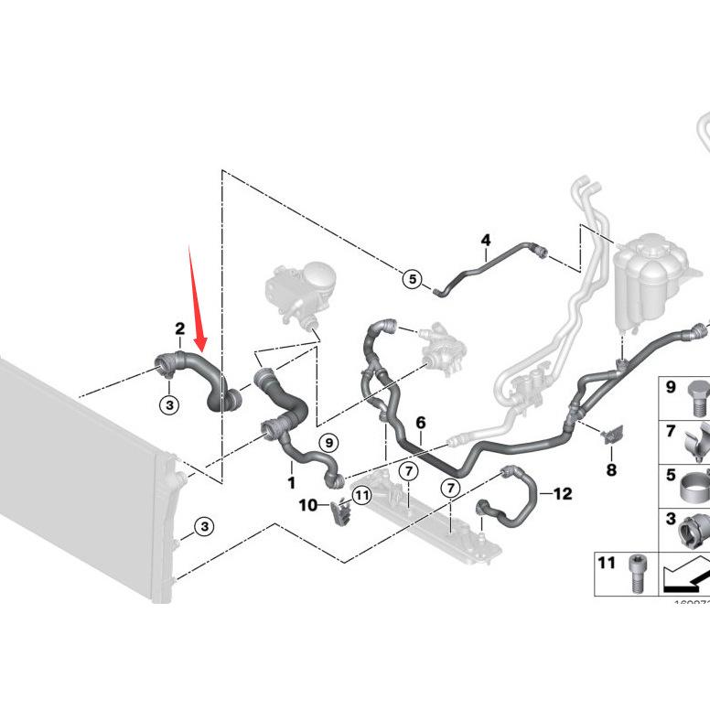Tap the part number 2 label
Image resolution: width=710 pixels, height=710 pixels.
[180, 328]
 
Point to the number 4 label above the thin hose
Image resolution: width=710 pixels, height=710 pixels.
[486, 241]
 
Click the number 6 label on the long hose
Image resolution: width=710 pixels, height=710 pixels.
[421, 424]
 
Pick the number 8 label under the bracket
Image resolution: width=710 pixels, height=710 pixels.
[611, 470]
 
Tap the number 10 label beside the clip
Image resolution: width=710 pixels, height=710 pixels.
[308, 504]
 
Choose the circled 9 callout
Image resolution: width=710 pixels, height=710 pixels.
[328, 443]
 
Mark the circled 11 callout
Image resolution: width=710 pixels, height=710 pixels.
[361, 496]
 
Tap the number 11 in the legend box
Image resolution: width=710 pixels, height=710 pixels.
[607, 562]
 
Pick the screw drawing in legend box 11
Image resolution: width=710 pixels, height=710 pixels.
[635, 572]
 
